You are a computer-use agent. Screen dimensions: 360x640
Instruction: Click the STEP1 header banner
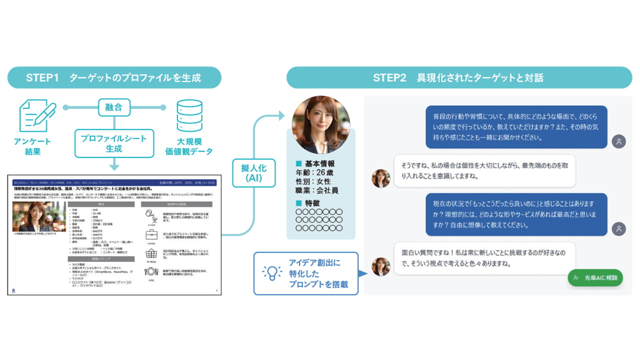tap(114, 77)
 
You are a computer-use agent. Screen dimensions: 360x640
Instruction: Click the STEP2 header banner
tap(458, 77)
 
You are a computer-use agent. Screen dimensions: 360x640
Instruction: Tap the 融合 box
tap(113, 107)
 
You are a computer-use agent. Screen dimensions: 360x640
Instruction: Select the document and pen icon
tap(36, 115)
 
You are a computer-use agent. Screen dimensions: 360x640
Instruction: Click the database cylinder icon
tap(189, 115)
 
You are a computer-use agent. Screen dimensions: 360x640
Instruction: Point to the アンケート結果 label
tap(33, 146)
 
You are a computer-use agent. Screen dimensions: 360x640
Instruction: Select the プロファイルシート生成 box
tap(113, 143)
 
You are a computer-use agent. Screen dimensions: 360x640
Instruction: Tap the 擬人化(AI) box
tap(253, 172)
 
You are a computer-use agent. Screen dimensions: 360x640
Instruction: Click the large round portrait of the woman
tap(320, 125)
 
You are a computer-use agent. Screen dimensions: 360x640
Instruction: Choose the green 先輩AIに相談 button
tap(595, 277)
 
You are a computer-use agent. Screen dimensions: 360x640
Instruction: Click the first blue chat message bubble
tap(516, 126)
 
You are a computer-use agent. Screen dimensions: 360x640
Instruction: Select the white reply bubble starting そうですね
tap(484, 170)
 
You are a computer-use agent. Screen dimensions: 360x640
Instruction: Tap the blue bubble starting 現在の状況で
tap(516, 214)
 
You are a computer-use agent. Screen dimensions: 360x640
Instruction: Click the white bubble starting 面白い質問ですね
tap(484, 258)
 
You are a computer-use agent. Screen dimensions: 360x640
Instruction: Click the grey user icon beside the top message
tap(618, 141)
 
